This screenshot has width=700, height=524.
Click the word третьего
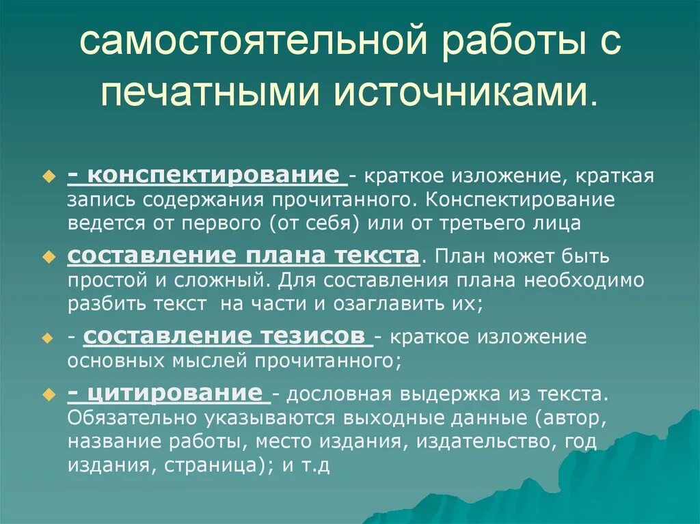[x=472, y=223]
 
